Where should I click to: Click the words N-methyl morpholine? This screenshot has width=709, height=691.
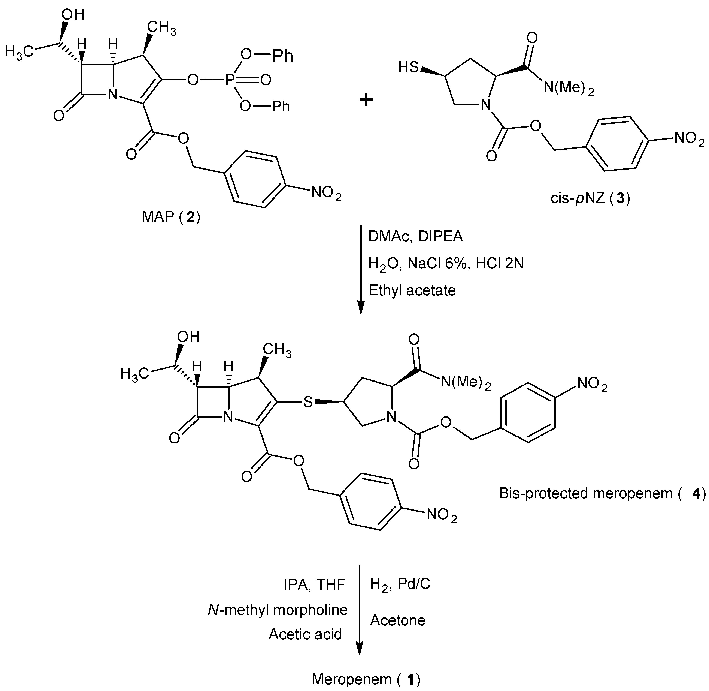(x=278, y=610)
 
